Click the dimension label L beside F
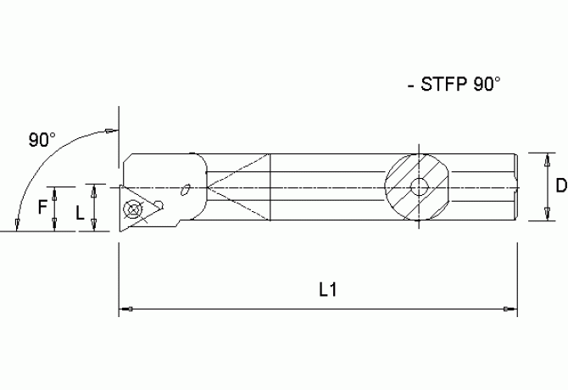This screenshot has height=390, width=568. pos(80,214)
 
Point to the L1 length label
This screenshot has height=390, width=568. pos(328,289)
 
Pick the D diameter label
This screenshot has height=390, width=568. pos(560,187)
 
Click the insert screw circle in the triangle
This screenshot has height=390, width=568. pos(132,209)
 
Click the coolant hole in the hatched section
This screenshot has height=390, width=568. pos(417,187)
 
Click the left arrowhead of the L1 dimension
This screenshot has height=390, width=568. pos(124,309)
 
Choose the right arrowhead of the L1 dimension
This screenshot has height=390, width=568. pos(510,309)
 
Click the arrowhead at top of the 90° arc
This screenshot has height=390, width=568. pos(111,130)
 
